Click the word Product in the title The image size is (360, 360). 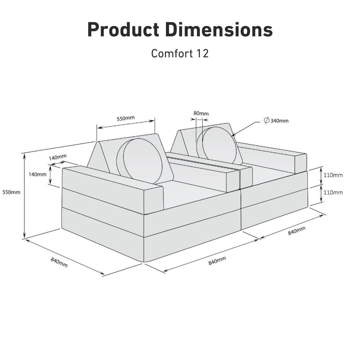(124, 30)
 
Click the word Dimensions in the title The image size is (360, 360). (219, 30)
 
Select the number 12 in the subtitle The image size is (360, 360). (202, 53)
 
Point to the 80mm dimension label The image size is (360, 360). (201, 113)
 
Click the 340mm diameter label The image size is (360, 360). (279, 121)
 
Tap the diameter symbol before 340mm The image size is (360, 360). (266, 121)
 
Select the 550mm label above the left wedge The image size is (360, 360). (126, 118)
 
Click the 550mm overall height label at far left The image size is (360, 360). (11, 192)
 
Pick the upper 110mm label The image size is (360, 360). (333, 175)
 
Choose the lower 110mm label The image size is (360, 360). (333, 193)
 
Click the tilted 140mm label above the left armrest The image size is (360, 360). (58, 157)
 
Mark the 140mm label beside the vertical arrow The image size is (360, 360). (37, 174)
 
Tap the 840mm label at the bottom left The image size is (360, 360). (59, 262)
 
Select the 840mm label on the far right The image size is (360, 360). (297, 231)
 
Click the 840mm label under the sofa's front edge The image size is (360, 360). (217, 261)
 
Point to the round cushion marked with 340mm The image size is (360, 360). (219, 145)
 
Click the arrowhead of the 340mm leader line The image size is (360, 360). (234, 135)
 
